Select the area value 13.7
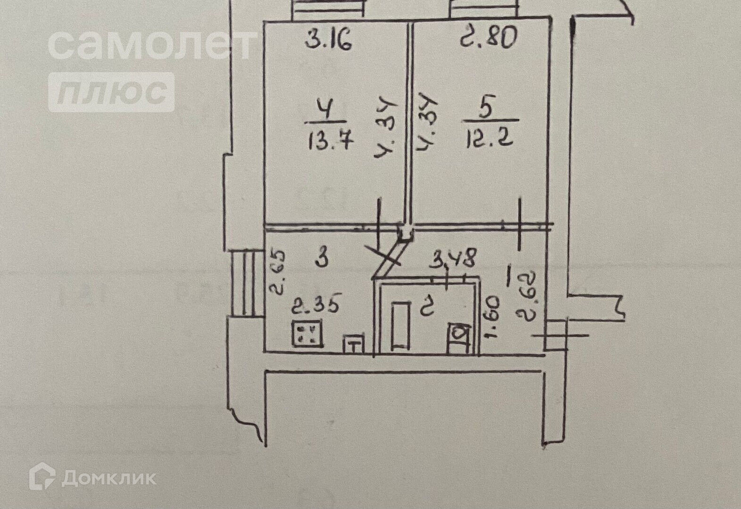click(x=331, y=140)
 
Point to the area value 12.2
click(x=489, y=139)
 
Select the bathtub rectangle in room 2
click(x=400, y=325)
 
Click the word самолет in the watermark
click(x=152, y=44)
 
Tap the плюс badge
click(x=111, y=92)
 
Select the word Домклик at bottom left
click(x=109, y=478)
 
